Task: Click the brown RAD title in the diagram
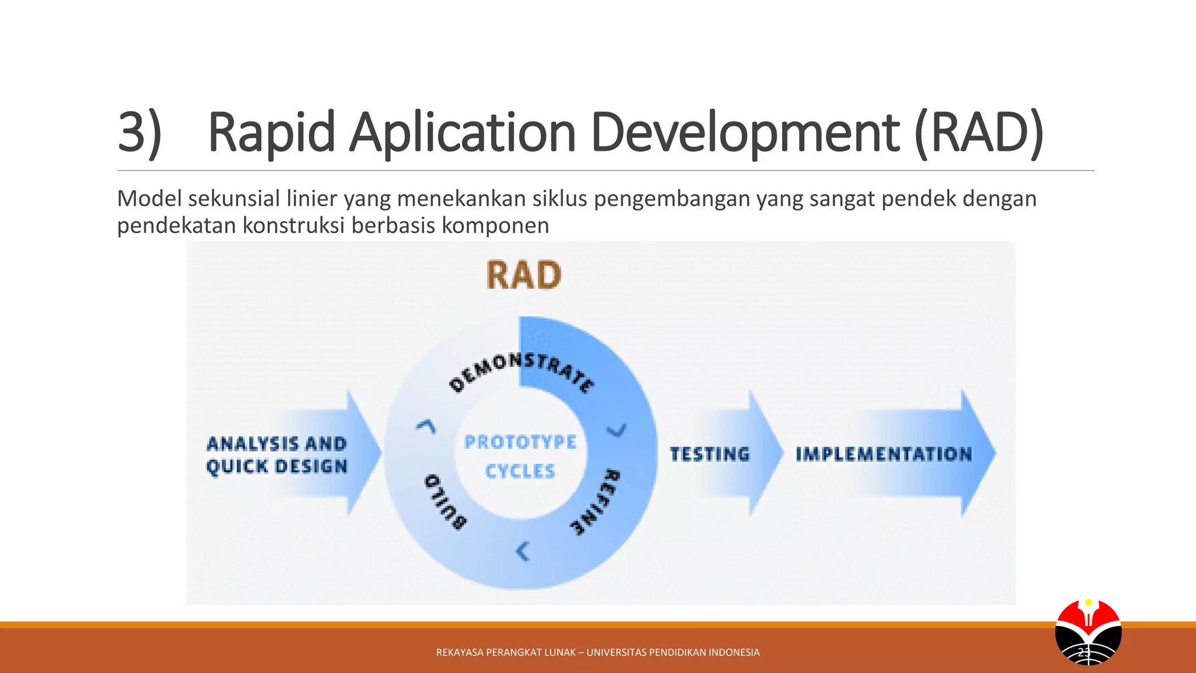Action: pos(524,275)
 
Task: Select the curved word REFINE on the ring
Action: pos(596,501)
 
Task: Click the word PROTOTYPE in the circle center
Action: pos(520,442)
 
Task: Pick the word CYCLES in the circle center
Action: pos(520,471)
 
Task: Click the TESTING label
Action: pos(710,454)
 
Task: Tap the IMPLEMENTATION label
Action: pos(884,454)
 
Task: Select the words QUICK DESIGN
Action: pos(277,467)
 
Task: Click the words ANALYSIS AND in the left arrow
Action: pos(277,443)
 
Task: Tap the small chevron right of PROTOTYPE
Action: pos(617,431)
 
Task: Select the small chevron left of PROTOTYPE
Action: pos(426,426)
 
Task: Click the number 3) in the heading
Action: pos(140,133)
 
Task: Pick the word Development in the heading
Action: pos(745,133)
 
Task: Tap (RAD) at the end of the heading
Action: pos(979,133)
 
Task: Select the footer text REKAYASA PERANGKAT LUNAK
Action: pos(506,653)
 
